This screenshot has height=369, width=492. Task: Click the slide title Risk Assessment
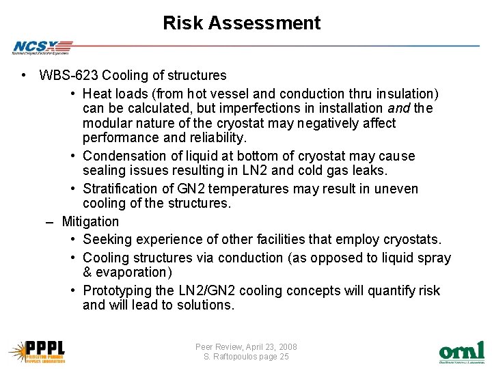[x=241, y=23]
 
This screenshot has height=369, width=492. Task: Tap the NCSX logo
[x=40, y=47]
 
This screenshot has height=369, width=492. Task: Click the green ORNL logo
[x=461, y=352]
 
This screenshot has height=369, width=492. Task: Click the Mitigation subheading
[x=90, y=221]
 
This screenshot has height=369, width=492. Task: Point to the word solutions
[x=202, y=305]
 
